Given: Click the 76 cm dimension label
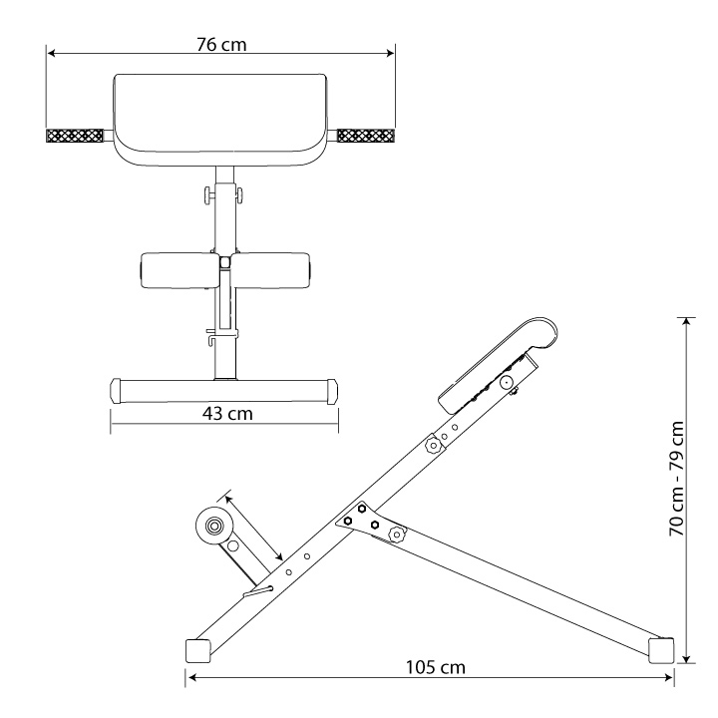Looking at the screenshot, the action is (221, 45).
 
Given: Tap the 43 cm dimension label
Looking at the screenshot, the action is (227, 414).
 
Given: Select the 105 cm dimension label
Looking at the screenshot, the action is (436, 667).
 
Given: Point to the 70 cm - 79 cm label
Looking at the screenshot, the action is (677, 479).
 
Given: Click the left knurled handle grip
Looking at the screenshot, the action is (74, 136).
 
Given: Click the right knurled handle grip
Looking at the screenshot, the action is (366, 136).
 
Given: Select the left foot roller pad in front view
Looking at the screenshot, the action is (180, 270).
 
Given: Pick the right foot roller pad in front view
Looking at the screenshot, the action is (270, 270).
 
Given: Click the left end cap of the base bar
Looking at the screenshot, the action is (116, 391).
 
